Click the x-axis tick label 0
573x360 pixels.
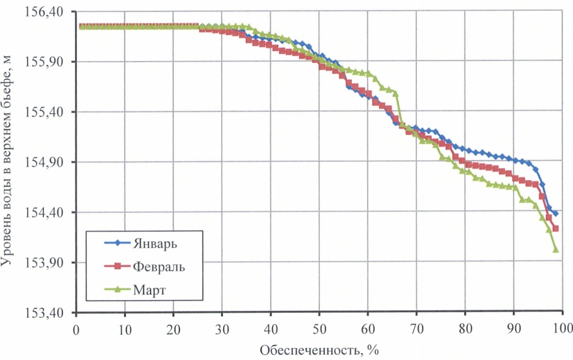click(x=76, y=329)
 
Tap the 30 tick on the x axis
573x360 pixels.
click(x=222, y=329)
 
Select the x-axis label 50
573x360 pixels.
click(x=319, y=329)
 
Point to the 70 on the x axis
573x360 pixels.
click(x=416, y=329)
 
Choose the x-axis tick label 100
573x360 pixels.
click(x=562, y=329)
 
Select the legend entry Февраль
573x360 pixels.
click(x=159, y=266)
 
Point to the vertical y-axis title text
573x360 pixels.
click(x=9, y=160)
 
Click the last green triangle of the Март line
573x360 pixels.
click(x=556, y=249)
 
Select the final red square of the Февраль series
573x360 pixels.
click(x=555, y=228)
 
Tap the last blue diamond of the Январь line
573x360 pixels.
click(x=555, y=214)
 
